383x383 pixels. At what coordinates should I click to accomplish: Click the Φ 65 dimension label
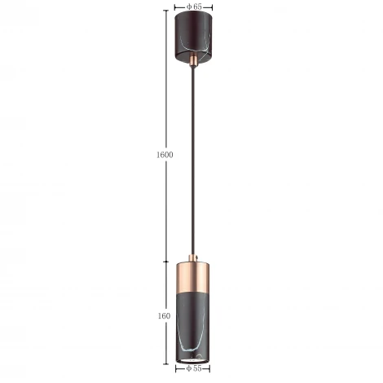(x=194, y=7)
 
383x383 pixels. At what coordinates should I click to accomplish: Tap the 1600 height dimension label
(x=165, y=155)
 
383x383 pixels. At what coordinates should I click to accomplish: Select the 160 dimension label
(x=164, y=316)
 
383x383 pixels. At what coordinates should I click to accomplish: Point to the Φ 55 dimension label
(x=194, y=368)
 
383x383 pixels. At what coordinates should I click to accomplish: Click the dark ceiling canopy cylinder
(x=193, y=37)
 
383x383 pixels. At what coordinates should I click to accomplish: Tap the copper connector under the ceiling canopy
(x=193, y=60)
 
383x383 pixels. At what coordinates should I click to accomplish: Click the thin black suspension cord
(x=193, y=161)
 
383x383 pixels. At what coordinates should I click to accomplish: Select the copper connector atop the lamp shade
(x=193, y=258)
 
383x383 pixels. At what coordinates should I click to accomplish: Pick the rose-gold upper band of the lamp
(x=193, y=278)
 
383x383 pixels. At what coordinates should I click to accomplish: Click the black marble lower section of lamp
(x=193, y=326)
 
